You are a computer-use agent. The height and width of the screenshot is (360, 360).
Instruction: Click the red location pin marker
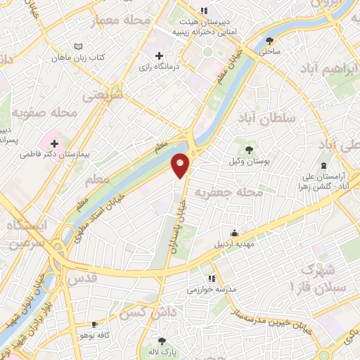coord(181,165)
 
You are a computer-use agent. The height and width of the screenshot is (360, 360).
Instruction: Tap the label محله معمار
coord(126,20)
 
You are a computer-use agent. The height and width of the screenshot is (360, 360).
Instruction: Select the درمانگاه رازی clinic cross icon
coord(159,56)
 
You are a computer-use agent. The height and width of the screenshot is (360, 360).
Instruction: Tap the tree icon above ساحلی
coord(271,40)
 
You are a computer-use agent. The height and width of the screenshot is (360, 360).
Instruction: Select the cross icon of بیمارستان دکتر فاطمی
coord(54,143)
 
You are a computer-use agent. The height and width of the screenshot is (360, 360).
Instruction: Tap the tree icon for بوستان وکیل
coord(248,149)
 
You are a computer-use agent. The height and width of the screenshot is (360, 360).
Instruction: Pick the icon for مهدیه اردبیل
coord(234,233)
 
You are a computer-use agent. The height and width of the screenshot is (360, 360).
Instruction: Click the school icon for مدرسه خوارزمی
coord(212,278)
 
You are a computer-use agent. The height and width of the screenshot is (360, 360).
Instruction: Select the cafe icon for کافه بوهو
coord(94,324)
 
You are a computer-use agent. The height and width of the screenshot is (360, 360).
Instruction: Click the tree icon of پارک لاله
coord(162,340)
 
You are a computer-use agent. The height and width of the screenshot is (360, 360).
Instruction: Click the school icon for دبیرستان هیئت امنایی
coord(204,11)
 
